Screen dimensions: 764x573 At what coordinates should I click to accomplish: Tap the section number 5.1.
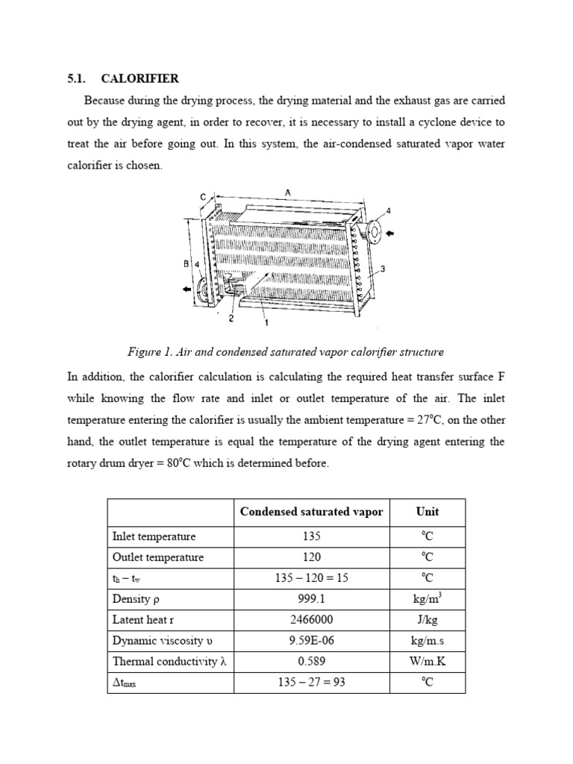(x=77, y=78)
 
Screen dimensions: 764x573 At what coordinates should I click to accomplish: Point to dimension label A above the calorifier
(x=287, y=192)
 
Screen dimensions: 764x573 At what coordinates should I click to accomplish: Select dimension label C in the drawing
(x=202, y=196)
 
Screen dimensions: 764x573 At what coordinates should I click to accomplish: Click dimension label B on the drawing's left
(x=187, y=263)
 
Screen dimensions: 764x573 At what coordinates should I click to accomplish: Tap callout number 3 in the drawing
(x=382, y=269)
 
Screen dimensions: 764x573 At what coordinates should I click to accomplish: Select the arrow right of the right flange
(x=395, y=233)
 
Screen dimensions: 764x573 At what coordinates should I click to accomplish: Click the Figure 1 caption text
(x=286, y=351)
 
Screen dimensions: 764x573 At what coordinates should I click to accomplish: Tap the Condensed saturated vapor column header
(x=311, y=511)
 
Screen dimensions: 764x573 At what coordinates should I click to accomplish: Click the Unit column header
(x=428, y=511)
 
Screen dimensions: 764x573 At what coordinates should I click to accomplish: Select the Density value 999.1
(x=311, y=598)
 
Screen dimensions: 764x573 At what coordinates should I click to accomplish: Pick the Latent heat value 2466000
(x=311, y=619)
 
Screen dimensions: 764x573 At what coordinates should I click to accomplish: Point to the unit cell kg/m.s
(x=428, y=640)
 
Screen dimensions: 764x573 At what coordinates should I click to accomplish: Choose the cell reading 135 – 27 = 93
(x=311, y=682)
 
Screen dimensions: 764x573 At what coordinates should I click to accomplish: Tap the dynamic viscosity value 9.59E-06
(x=311, y=640)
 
